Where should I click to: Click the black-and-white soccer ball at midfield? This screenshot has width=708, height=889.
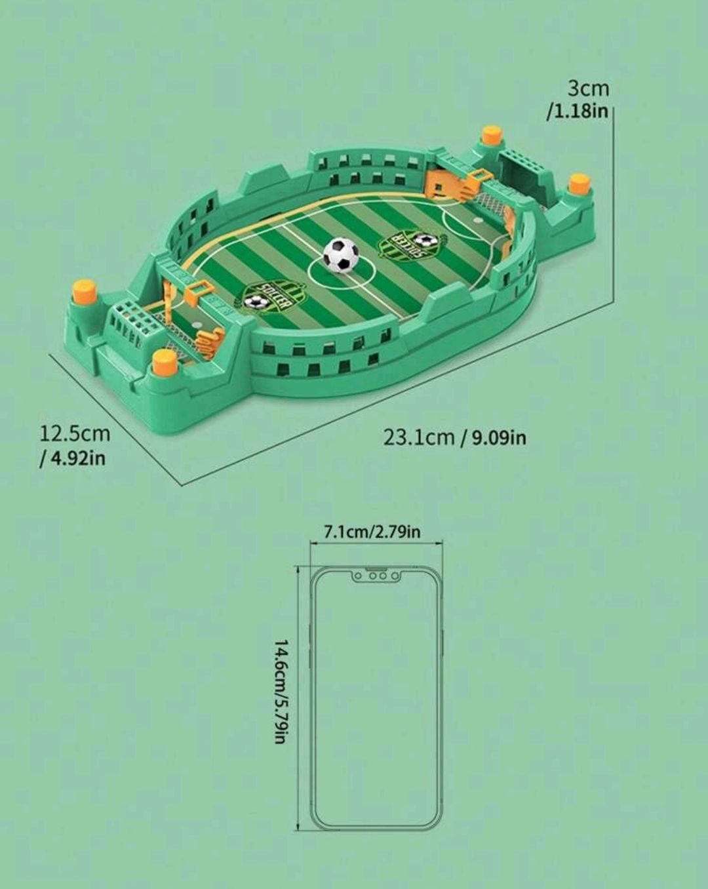click(x=341, y=254)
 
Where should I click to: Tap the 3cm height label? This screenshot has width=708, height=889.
click(x=588, y=88)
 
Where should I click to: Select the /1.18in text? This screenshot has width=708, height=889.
click(x=578, y=111)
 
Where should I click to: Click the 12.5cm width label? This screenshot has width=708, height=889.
click(x=75, y=434)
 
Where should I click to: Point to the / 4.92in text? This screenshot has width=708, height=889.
click(x=72, y=458)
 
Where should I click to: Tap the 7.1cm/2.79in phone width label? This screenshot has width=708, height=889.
click(x=372, y=531)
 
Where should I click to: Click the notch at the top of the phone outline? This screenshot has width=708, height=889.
click(x=376, y=575)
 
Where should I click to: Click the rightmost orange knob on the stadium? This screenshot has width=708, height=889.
click(x=579, y=183)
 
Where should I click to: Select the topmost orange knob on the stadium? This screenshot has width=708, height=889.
click(x=491, y=135)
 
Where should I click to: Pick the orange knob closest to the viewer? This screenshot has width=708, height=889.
click(x=165, y=361)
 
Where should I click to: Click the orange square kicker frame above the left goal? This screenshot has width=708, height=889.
click(x=199, y=292)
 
